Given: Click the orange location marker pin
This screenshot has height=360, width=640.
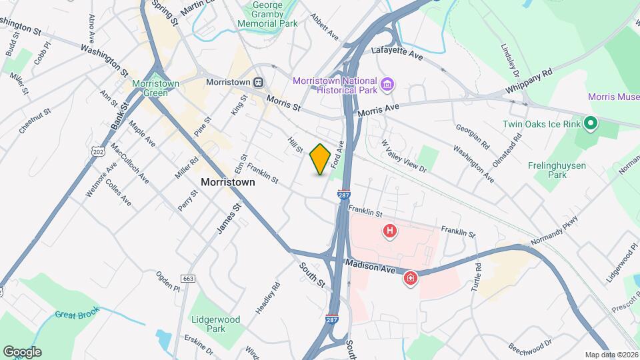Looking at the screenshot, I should click(x=320, y=159).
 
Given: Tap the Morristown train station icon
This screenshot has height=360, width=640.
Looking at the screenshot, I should click(x=258, y=81).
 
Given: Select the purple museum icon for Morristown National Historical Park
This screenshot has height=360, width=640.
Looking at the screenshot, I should click(x=387, y=85).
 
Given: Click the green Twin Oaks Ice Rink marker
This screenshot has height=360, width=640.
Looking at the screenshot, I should click(x=589, y=123).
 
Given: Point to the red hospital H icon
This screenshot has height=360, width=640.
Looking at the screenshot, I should click(x=390, y=231).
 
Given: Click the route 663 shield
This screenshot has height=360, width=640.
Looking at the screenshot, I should click(x=188, y=277).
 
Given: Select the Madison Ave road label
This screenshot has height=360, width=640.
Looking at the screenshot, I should click(x=370, y=266).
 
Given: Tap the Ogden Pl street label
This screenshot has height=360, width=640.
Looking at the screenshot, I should click(x=167, y=280).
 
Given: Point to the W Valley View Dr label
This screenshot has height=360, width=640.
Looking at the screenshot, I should click(x=403, y=155).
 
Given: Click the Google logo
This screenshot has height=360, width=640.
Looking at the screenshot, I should click(x=23, y=351).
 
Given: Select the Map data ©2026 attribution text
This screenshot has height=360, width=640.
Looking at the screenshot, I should click(x=611, y=355).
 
